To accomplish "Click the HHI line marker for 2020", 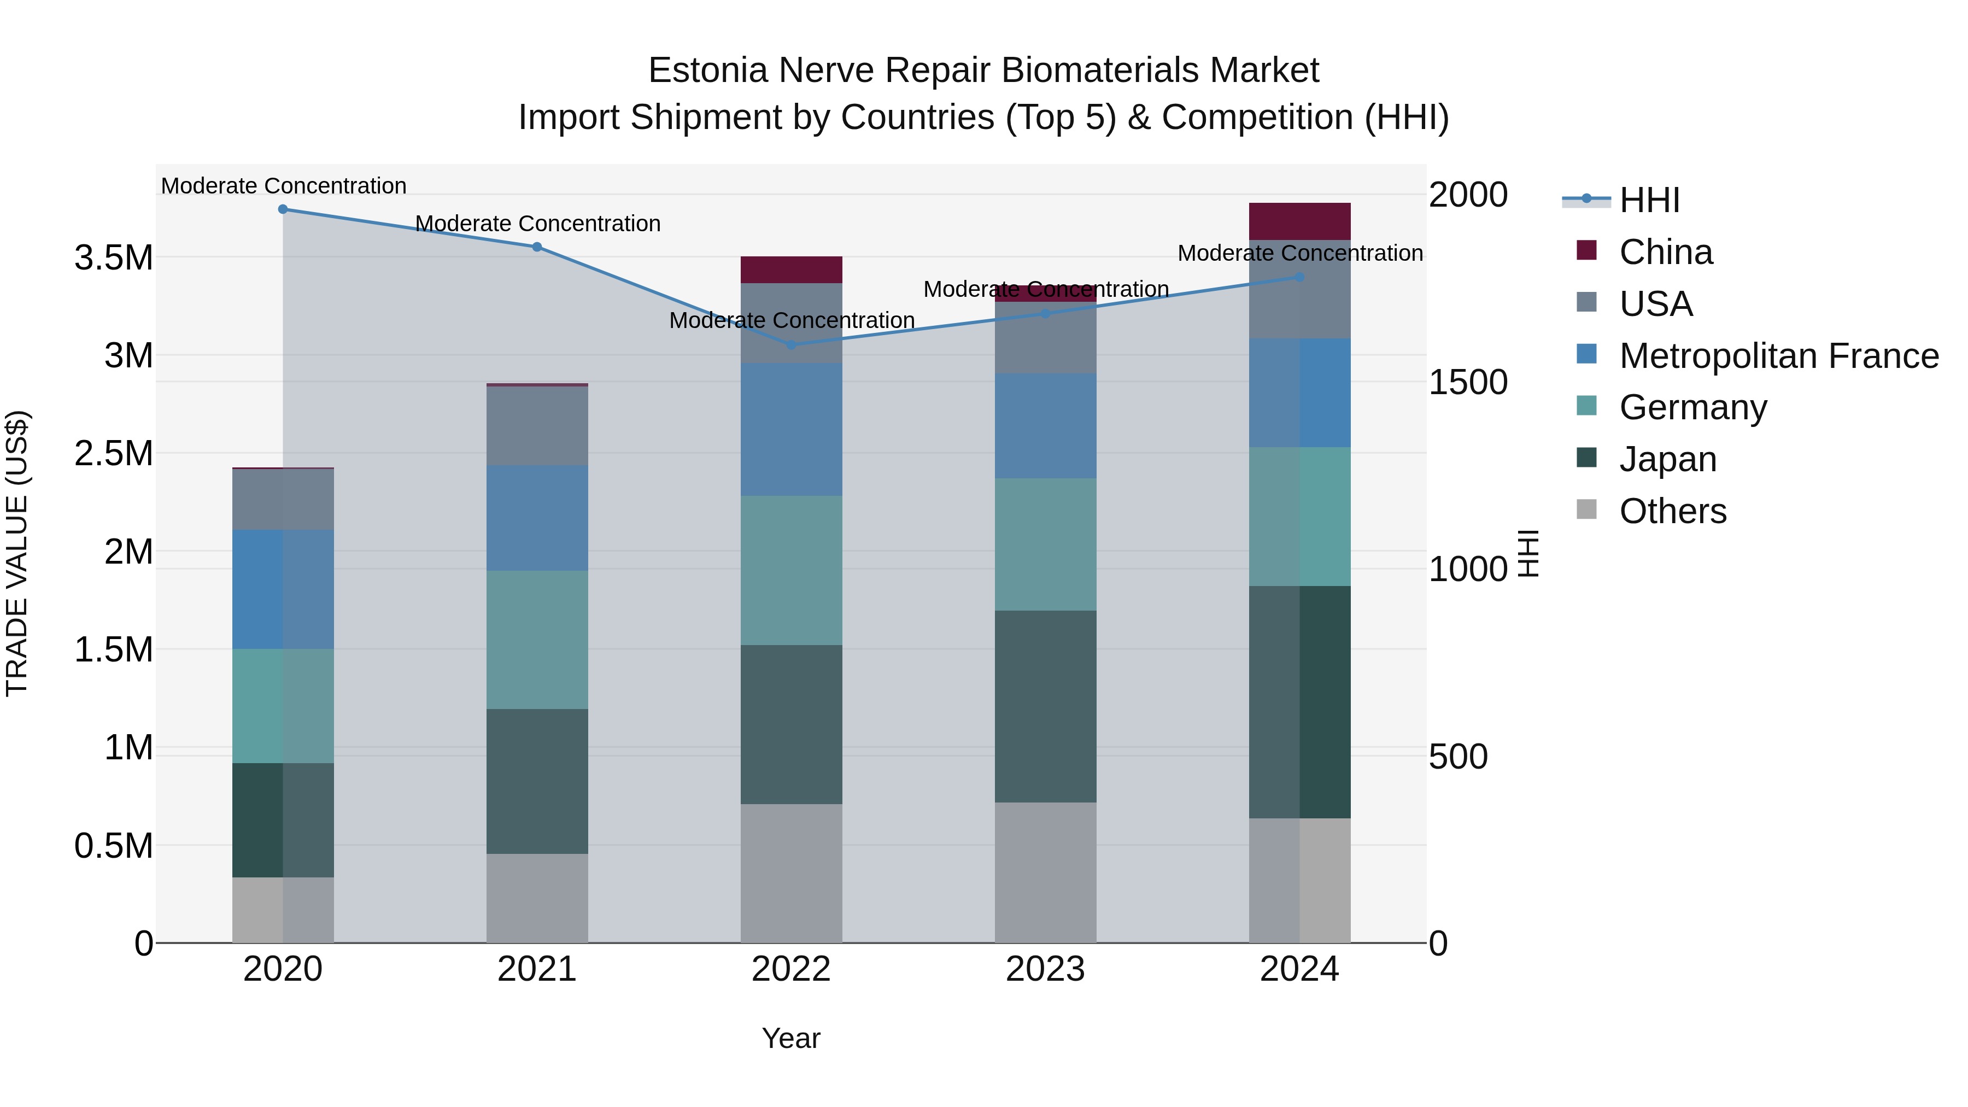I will tap(283, 209).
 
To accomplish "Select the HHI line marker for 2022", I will tap(790, 344).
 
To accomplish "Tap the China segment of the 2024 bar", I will tap(1299, 221).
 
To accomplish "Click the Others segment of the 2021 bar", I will tap(537, 898).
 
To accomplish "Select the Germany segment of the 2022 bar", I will tap(790, 570).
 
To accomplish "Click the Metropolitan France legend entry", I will tap(1778, 356).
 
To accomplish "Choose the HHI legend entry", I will tap(1649, 200).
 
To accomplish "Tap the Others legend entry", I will tap(1672, 511).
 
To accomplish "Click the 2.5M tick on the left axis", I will tap(113, 453).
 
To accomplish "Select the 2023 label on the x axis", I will tap(1045, 969).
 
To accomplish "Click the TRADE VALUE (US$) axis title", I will tap(17, 553).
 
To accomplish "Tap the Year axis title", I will tap(790, 1038).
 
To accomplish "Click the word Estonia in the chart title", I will tap(707, 71).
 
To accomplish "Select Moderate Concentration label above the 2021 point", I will tap(537, 224).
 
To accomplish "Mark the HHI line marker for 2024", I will tap(1299, 277).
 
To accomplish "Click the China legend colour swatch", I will tap(1586, 250).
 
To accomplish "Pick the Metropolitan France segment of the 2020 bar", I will tap(283, 589).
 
